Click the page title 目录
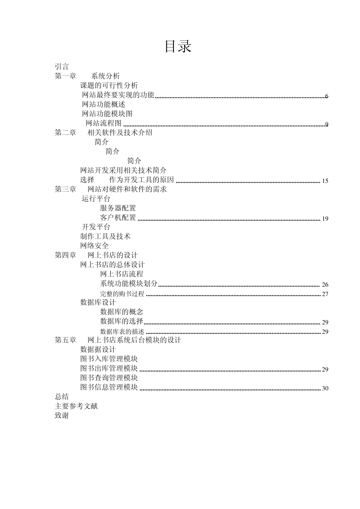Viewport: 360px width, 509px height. tap(178, 47)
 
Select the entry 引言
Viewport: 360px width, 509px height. tap(62, 67)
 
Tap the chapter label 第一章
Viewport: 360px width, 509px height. tap(65, 76)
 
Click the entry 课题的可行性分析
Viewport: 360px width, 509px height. tap(109, 86)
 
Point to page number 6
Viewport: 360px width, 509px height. tap(327, 96)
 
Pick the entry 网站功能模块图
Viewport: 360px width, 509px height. tap(107, 114)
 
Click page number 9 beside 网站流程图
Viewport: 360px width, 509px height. tap(327, 124)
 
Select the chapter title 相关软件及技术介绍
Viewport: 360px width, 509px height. tap(120, 133)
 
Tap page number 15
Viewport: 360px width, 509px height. tap(325, 181)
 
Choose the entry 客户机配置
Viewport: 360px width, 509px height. tap(118, 218)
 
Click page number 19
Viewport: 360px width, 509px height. tap(325, 219)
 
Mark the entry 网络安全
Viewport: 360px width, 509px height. tap(94, 246)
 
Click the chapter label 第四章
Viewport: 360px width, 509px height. tap(65, 255)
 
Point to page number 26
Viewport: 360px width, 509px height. tap(325, 285)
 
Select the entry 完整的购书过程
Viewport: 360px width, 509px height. tap(122, 294)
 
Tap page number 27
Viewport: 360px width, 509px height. tap(325, 294)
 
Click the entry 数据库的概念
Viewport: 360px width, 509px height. tap(121, 312)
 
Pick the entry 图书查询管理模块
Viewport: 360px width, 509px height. tap(109, 378)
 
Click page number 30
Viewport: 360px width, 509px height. tap(325, 388)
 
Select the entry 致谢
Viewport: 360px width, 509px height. tap(62, 416)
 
